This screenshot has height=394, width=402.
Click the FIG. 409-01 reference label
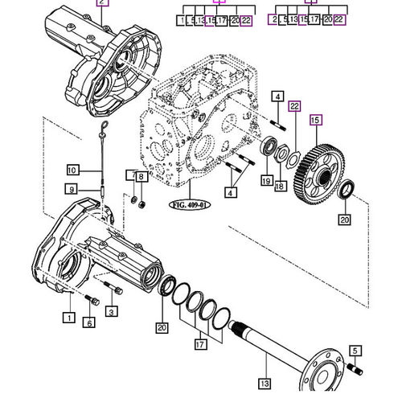click(x=187, y=204)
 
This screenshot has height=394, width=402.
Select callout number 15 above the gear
click(x=316, y=120)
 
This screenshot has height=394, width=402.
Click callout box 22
click(x=294, y=105)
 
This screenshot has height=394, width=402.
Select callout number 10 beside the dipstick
click(x=72, y=170)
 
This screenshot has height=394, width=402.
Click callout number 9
click(x=72, y=190)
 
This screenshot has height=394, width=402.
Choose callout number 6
click(x=88, y=322)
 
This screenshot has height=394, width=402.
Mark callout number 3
click(x=112, y=311)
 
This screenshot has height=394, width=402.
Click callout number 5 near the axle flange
click(x=356, y=351)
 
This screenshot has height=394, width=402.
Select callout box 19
click(x=265, y=182)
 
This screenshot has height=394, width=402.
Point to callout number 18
click(x=280, y=187)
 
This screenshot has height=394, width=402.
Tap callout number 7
click(x=132, y=175)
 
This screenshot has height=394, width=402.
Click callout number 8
click(x=142, y=175)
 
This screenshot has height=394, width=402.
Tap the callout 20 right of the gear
click(x=345, y=220)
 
